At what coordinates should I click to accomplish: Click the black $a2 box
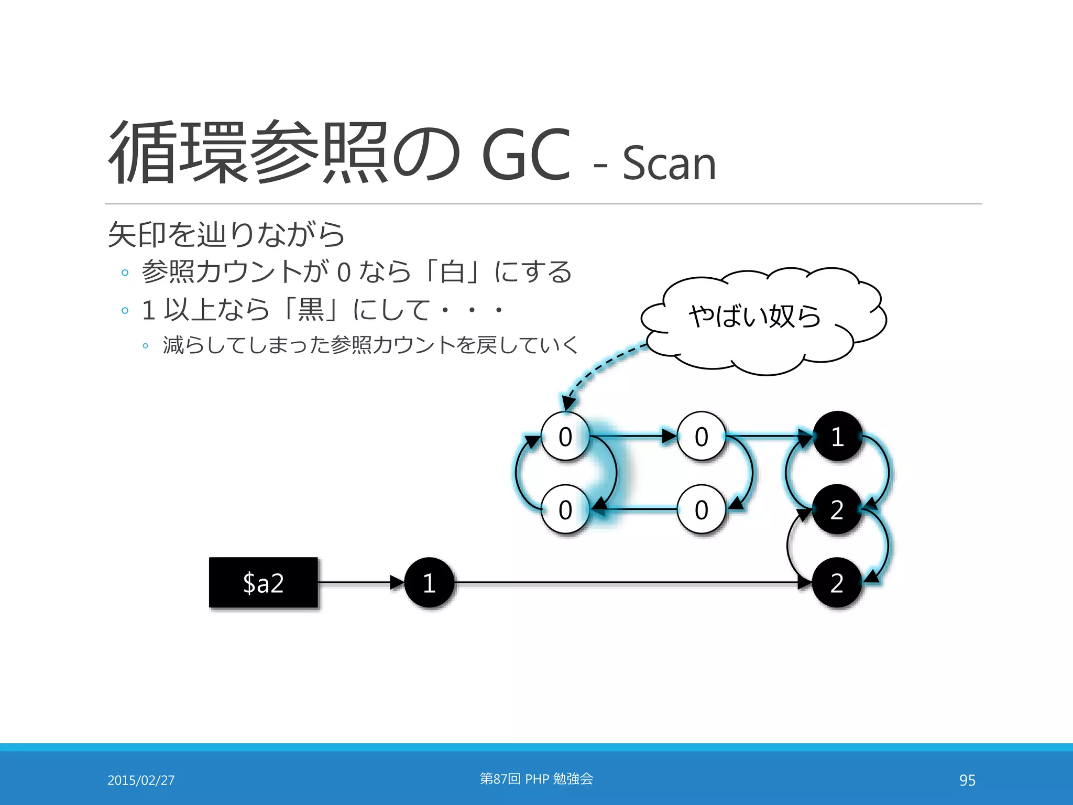263,582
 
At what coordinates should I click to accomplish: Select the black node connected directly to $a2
429,582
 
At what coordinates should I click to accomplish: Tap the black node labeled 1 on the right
837,436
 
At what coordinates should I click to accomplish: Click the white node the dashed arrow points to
565,436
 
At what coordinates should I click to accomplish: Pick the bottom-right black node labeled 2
837,582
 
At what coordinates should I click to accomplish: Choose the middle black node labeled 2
837,509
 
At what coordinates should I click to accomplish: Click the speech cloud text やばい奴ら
754,316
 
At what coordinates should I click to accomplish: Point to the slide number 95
967,780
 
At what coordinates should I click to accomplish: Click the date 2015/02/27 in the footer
141,780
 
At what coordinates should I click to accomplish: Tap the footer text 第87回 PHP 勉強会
536,779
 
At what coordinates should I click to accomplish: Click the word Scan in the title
669,164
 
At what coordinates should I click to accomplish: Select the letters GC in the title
525,155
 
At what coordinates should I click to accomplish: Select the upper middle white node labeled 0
702,436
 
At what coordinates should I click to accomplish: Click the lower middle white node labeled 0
702,509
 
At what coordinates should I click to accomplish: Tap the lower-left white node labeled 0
565,509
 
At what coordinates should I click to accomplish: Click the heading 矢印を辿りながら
226,234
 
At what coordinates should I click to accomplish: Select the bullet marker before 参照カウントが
125,273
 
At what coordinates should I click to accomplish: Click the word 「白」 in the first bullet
452,271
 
